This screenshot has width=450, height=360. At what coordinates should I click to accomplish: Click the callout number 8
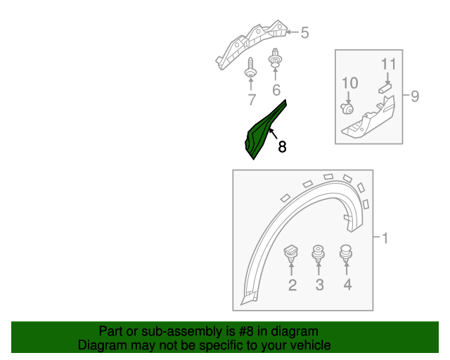[283, 147]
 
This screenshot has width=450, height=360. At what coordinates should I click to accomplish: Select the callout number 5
[304, 32]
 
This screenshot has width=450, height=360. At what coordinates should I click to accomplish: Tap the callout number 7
[252, 99]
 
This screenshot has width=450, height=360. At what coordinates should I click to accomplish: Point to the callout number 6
[276, 90]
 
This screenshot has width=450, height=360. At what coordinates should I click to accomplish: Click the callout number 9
[415, 96]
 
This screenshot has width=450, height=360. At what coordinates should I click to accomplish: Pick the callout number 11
[389, 65]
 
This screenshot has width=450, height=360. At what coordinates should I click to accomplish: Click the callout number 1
[385, 238]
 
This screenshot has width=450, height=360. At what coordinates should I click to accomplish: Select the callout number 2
[292, 285]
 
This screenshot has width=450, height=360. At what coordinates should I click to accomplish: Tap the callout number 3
[319, 285]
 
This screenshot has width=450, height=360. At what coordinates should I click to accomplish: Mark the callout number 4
[347, 285]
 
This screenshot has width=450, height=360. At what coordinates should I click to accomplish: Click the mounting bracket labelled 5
[253, 42]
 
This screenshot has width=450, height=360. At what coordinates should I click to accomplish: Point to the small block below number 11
[384, 88]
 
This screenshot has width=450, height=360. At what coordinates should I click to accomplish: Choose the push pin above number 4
[346, 251]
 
